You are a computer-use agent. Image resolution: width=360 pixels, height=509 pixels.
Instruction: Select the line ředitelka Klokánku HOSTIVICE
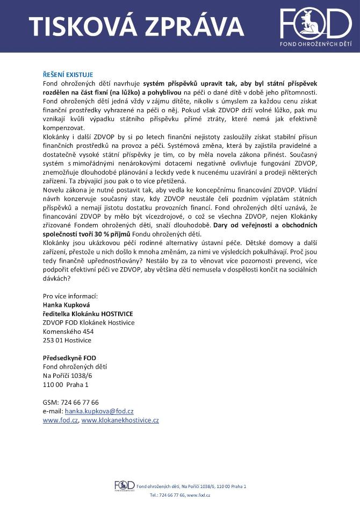coord(88,313)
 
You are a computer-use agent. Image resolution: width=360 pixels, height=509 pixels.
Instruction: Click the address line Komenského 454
coord(68,332)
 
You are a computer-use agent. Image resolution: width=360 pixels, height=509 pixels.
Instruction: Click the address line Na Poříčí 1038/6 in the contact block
coord(68,376)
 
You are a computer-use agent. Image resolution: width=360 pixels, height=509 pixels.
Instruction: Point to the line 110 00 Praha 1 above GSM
coord(66,385)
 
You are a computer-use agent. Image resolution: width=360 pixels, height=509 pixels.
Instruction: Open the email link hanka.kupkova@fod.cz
coord(99,411)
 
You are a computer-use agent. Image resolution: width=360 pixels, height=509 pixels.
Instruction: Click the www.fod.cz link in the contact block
coord(60,420)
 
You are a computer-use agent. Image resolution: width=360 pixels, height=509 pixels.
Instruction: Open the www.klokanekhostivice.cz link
coord(120,420)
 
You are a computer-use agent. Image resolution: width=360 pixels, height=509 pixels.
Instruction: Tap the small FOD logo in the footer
coord(124,485)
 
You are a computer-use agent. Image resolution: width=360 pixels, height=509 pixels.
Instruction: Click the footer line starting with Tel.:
coord(179,494)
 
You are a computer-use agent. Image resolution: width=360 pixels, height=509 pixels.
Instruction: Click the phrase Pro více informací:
coord(70,296)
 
